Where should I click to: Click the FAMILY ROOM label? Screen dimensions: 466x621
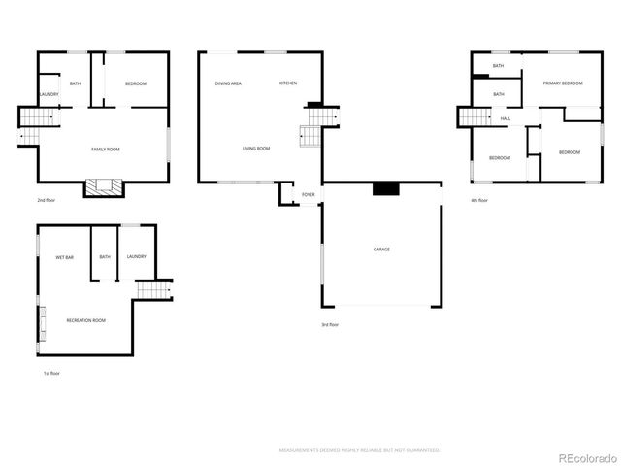[105, 149]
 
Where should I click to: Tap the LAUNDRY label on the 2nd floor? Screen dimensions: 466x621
[49, 94]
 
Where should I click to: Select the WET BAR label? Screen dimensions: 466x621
[64, 257]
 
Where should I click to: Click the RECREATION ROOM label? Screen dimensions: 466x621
[85, 320]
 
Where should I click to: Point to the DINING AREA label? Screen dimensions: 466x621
[228, 84]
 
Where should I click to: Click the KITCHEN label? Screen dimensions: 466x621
[288, 83]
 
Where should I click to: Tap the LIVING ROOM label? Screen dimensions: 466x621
[256, 149]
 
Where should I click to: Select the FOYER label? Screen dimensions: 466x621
[308, 195]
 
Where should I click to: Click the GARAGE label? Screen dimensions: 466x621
[381, 250]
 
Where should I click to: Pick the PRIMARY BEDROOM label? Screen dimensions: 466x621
[563, 84]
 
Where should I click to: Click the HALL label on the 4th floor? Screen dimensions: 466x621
[506, 118]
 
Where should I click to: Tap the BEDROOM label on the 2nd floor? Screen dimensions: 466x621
[135, 84]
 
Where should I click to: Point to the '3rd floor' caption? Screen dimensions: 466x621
[330, 325]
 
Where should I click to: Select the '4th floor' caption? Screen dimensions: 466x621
[479, 201]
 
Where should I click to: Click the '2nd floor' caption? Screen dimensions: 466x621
[46, 200]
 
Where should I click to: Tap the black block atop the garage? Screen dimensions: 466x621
[385, 189]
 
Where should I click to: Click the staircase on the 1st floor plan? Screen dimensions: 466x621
[150, 289]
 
